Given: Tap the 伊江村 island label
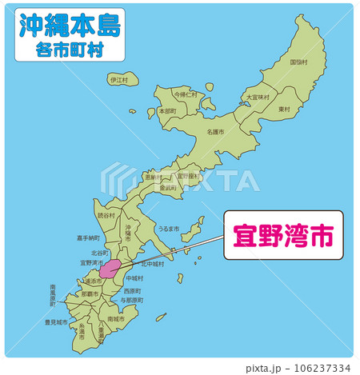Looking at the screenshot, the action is coord(119,80).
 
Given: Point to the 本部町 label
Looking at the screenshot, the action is coord(167,111).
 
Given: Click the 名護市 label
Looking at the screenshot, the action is coord(215,131).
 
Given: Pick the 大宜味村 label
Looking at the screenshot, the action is coord(258,97).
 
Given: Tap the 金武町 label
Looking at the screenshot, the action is coord(168,187).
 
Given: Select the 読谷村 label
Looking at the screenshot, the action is coord(106,216).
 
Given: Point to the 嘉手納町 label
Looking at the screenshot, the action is coord(88,237).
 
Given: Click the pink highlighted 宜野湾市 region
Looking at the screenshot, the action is coord(110,268).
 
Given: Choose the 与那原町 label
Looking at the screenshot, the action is coord(131,300).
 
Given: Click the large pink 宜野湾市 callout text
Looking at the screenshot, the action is coord(282,237).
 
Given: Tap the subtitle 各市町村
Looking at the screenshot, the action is coord(69,49).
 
